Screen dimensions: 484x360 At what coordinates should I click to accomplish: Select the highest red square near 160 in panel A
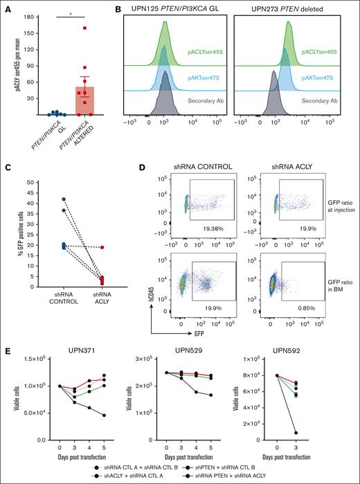pos(84,28)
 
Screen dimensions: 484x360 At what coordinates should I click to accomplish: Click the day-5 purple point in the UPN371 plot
pos(84,415)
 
